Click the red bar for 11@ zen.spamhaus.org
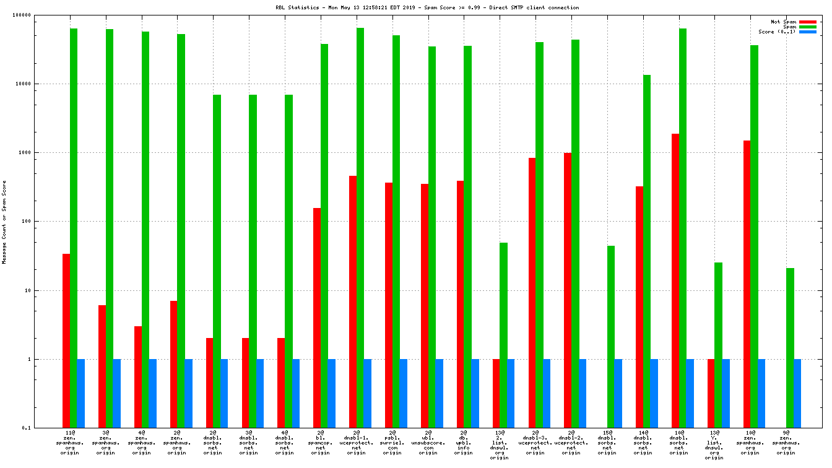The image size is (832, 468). [66, 340]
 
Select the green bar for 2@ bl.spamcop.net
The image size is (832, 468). [324, 235]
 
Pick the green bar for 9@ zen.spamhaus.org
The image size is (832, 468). [790, 347]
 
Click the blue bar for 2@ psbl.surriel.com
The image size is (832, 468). [404, 393]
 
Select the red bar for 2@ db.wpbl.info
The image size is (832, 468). [460, 304]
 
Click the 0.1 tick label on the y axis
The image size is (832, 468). [43, 428]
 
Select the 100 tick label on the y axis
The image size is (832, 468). [42, 222]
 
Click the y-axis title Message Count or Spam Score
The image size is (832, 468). [4, 222]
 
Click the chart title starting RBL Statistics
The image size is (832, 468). [427, 8]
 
